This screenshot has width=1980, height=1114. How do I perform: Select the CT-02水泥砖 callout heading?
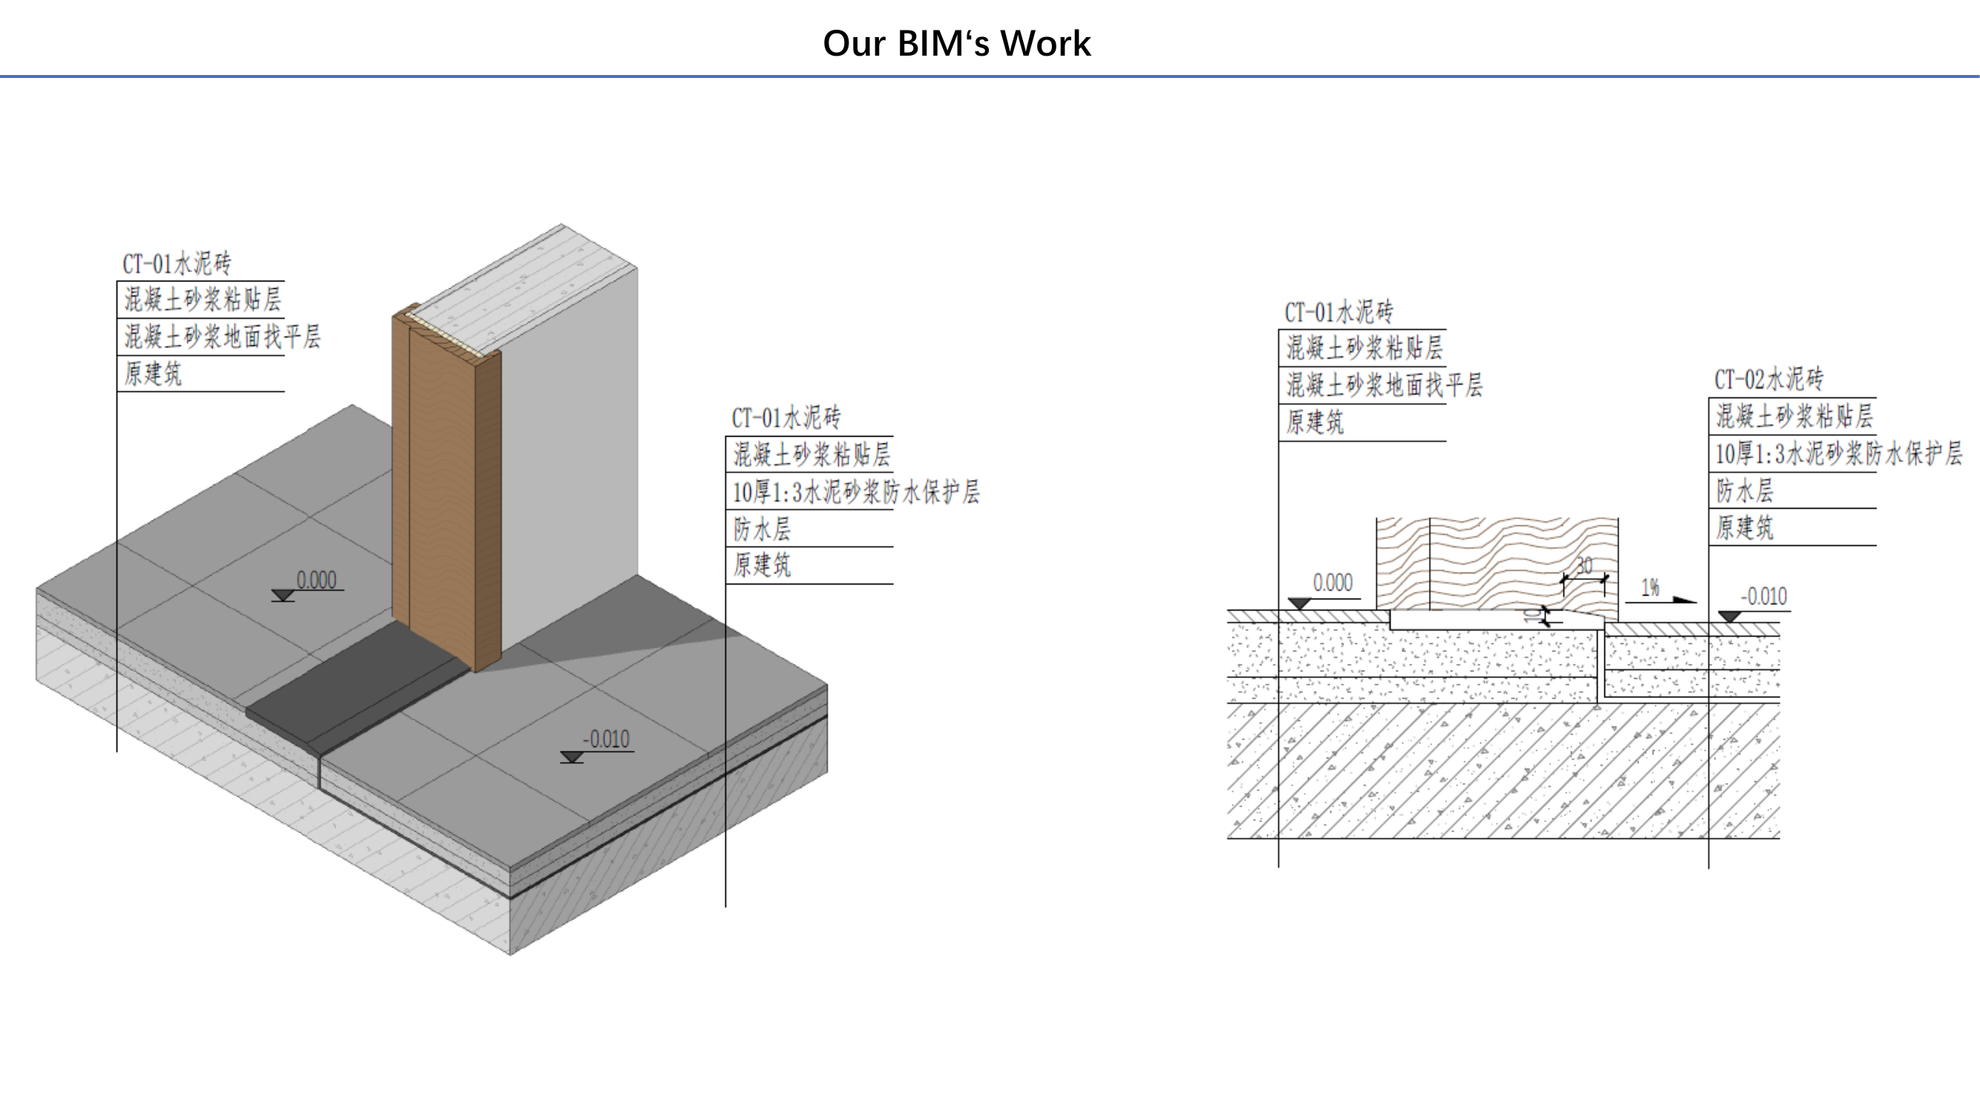[x=1768, y=379]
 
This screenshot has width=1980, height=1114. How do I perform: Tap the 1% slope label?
[x=1650, y=588]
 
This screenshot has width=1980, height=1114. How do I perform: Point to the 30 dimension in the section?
[x=1584, y=566]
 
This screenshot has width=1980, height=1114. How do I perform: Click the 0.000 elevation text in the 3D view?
[x=317, y=580]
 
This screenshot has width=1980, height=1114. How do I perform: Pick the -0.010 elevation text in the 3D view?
[x=607, y=740]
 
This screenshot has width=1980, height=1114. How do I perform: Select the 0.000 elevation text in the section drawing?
[x=1333, y=583]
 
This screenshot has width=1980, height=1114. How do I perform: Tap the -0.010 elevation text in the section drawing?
[x=1764, y=596]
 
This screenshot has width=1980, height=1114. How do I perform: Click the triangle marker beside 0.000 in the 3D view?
[x=283, y=595]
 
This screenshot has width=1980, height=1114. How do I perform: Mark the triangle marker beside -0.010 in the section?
[x=1729, y=616]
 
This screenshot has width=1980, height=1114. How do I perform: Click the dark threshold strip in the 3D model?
[x=357, y=688]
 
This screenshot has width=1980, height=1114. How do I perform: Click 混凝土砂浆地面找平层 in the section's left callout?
[x=1385, y=385]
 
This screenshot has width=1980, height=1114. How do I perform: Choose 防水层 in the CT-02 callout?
[x=1745, y=490]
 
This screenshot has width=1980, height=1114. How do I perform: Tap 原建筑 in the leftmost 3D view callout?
[x=153, y=374]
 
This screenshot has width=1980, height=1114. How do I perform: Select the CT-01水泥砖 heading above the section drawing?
[x=1339, y=312]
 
